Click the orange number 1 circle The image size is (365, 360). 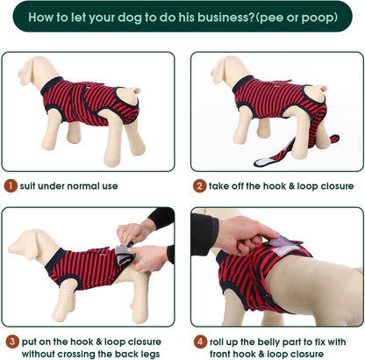coord(10,185)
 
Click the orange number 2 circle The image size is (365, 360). coord(200,185)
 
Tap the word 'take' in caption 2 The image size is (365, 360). coord(224,185)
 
